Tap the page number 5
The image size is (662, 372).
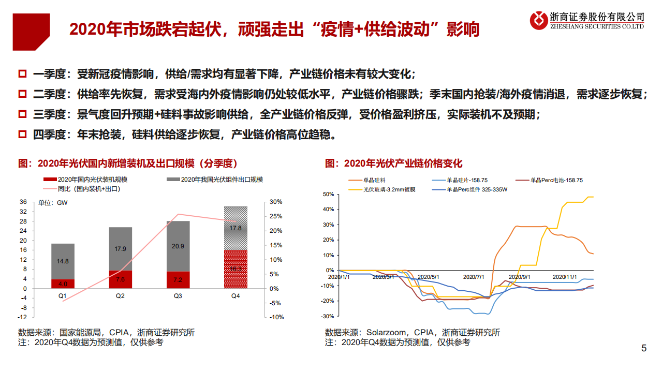(x=644, y=348)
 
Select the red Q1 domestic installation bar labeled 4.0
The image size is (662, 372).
(x=63, y=284)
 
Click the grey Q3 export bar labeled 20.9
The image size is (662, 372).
(x=178, y=246)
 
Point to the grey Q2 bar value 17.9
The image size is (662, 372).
(x=120, y=249)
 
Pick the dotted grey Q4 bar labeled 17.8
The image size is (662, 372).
(x=235, y=228)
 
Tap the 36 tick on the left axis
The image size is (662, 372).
(x=23, y=202)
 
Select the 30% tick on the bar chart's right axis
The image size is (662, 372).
(x=276, y=202)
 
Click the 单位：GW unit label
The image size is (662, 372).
(x=53, y=202)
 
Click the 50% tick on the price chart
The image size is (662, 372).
(x=328, y=194)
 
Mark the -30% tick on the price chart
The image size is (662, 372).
(x=327, y=316)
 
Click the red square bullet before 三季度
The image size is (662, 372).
(x=23, y=115)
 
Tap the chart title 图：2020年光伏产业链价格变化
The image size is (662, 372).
(x=394, y=163)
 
